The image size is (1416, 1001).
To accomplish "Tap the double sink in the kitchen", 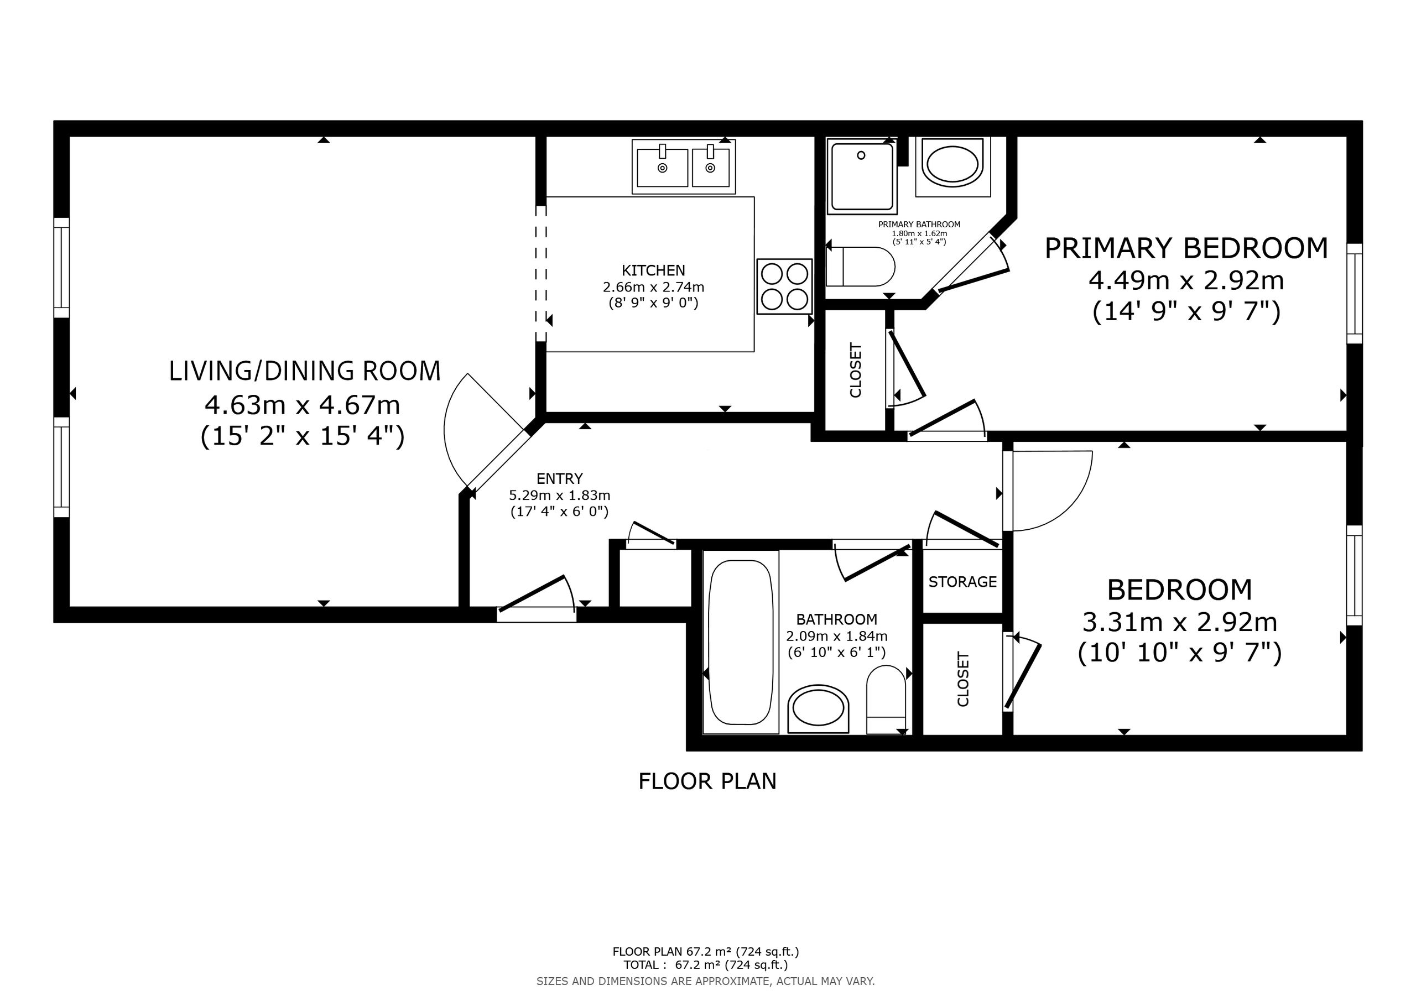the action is pos(683,166).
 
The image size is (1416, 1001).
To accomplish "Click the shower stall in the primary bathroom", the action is pos(862,176).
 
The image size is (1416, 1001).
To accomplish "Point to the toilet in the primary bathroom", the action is pos(860,267).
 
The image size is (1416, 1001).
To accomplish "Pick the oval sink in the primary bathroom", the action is pos(953,165).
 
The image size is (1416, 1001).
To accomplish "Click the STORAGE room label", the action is pos(962,582).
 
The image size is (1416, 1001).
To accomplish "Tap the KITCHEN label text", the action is pos(653,270).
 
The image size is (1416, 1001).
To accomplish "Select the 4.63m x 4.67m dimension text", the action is pos(302,405).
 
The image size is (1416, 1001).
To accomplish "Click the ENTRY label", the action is pos(559,478).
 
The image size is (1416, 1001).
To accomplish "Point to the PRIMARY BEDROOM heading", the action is pos(1186,248).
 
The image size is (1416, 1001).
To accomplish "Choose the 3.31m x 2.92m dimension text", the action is pos(1180,622).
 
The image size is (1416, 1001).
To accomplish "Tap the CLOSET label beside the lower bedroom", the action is pos(962,679).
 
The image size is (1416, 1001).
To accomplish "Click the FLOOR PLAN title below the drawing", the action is pos(707,781).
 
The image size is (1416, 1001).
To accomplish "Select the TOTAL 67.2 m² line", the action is pos(706,965).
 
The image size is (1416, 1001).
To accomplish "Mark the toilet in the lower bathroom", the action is pos(886,700).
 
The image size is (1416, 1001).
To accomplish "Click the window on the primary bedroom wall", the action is pos(1355,293).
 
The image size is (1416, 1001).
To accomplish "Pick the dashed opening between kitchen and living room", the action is pos(541,273).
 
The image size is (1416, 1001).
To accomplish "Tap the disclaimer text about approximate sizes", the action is pos(706,981).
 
